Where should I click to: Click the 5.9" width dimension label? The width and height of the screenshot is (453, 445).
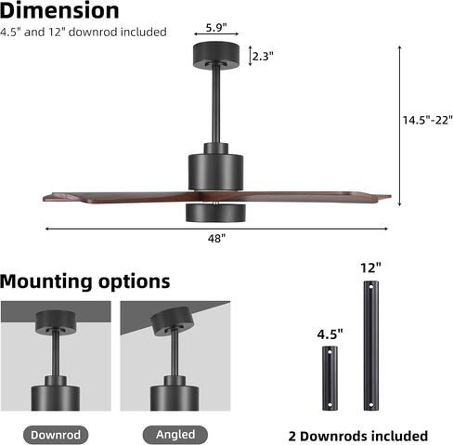point(216,28)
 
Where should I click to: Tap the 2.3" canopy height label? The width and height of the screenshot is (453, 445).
point(263,56)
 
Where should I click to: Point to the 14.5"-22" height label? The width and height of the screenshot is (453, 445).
point(427,120)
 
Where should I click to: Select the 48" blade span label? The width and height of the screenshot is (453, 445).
point(216,239)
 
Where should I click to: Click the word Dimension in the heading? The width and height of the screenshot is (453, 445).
point(59,10)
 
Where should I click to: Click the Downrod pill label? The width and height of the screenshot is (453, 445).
point(56,435)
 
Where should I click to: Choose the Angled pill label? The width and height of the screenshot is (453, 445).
point(175,435)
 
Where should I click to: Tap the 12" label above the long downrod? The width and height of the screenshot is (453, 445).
point(370,268)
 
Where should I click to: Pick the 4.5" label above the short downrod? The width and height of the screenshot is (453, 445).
point(330,334)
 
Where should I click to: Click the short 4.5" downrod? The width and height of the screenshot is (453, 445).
point(330,378)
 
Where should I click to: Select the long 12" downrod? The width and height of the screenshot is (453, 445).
point(370,346)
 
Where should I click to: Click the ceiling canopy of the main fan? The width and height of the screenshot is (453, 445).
point(216,56)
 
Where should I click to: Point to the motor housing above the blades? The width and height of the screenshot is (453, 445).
point(216,172)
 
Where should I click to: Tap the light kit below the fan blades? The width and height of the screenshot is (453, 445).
point(215,213)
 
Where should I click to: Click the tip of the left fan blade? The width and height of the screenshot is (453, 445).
point(44,197)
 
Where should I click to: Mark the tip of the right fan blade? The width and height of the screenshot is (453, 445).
point(391,196)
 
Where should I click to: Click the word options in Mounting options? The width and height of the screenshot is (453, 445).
point(135,281)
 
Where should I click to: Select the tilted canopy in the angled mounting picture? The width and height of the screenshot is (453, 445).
point(171,321)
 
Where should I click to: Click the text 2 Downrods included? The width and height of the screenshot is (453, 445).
point(358,436)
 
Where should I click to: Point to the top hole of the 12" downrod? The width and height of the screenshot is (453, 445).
point(370,287)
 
